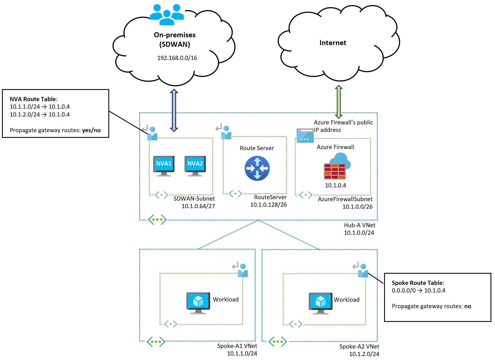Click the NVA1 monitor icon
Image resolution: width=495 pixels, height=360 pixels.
click(x=164, y=165)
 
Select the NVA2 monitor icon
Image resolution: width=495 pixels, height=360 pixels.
click(x=195, y=165)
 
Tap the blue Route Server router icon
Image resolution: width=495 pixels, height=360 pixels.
click(x=257, y=168)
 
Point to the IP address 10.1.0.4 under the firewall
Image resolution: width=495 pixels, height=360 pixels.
click(x=335, y=185)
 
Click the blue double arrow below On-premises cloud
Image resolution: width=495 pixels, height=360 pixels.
click(x=174, y=110)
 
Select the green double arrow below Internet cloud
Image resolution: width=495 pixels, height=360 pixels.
click(x=338, y=102)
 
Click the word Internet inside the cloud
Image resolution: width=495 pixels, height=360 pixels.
click(x=333, y=43)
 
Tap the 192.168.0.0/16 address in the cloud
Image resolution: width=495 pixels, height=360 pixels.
click(x=177, y=58)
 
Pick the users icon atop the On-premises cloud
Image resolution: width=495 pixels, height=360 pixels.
click(x=167, y=14)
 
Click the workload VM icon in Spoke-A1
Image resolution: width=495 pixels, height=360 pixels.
click(x=198, y=303)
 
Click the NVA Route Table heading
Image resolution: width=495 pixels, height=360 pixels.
click(x=33, y=99)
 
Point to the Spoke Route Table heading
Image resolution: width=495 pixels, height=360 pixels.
click(x=418, y=283)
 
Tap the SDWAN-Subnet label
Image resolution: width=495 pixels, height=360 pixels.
click(x=194, y=199)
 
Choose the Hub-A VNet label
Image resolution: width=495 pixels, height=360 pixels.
click(x=359, y=225)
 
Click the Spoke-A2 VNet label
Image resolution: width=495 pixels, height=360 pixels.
click(x=359, y=347)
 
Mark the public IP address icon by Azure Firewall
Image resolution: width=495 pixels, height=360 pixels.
click(x=305, y=136)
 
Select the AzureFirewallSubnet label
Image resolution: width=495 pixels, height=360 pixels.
click(x=345, y=199)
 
